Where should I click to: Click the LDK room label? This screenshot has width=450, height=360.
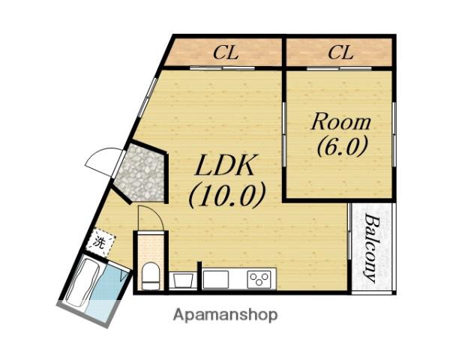[x=225, y=165]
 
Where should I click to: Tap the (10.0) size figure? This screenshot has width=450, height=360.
[x=226, y=196]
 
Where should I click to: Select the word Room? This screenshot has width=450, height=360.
[x=341, y=122]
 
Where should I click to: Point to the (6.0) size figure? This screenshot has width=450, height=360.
[x=342, y=146]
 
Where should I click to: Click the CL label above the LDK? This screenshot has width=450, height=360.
[x=226, y=52]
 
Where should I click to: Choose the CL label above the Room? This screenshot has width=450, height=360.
[x=340, y=52]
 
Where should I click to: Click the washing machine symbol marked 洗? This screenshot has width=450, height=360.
[x=101, y=242]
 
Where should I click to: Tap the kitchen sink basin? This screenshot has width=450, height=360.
[x=215, y=279]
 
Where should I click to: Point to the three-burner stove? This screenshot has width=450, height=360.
[x=259, y=279]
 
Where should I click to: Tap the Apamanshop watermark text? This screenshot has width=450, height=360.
[x=226, y=315]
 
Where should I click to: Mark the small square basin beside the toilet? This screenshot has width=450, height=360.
[x=182, y=280]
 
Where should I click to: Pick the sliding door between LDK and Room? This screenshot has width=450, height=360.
[x=284, y=134]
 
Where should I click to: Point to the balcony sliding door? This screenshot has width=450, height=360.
[x=349, y=232]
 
